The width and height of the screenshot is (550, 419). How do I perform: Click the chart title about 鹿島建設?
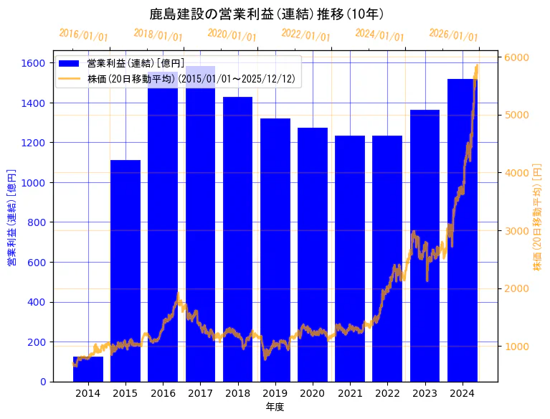pyautogui.click(x=267, y=14)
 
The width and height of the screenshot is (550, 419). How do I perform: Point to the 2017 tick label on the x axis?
pyautogui.click(x=200, y=392)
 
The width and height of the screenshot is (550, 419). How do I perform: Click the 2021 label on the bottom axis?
pyautogui.click(x=350, y=392)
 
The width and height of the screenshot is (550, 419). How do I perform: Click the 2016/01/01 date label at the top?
pyautogui.click(x=84, y=35)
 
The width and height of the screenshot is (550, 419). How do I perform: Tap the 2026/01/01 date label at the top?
pyautogui.click(x=453, y=35)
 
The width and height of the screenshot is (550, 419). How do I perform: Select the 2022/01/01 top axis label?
pyautogui.click(x=306, y=35)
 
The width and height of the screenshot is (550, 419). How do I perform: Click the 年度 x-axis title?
pyautogui.click(x=275, y=407)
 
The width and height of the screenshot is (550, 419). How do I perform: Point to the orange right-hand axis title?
pyautogui.click(x=537, y=219)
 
